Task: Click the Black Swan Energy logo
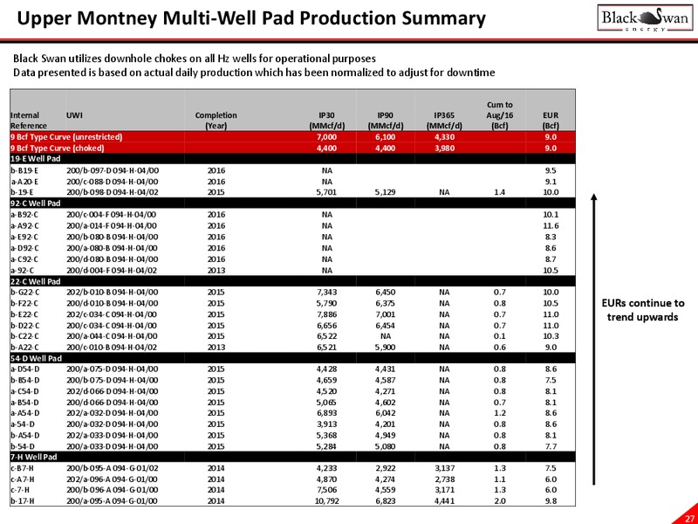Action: pyautogui.click(x=645, y=17)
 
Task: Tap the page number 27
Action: pyautogui.click(x=688, y=517)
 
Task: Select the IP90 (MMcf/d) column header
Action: pyautogui.click(x=386, y=121)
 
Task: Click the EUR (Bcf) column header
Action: pyautogui.click(x=551, y=121)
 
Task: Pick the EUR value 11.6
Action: pyautogui.click(x=551, y=225)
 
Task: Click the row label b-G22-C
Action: pyautogui.click(x=25, y=293)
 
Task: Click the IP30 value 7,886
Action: pyautogui.click(x=327, y=314)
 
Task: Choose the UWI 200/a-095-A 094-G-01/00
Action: pyautogui.click(x=112, y=500)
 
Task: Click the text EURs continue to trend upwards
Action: pyautogui.click(x=643, y=310)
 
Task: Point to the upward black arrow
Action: pyautogui.click(x=593, y=339)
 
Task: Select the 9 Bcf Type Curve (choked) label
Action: pyautogui.click(x=57, y=148)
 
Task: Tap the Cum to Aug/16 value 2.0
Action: pyautogui.click(x=499, y=500)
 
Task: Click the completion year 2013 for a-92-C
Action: pyautogui.click(x=216, y=270)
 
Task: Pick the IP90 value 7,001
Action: pyautogui.click(x=386, y=314)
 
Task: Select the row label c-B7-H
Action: pyautogui.click(x=23, y=468)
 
